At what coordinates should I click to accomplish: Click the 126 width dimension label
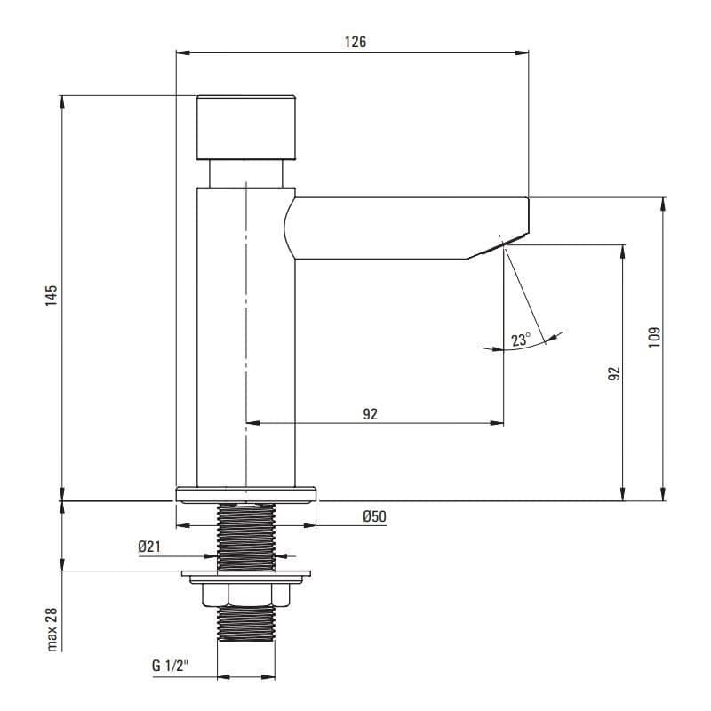(355, 42)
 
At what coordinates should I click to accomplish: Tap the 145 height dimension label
(52, 295)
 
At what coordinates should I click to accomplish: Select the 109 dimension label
(654, 337)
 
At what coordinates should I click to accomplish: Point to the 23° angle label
(520, 340)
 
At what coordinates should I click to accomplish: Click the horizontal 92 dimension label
(370, 414)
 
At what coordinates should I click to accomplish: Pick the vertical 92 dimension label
(613, 373)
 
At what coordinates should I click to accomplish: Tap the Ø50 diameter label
(374, 516)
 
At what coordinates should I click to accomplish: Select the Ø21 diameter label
(149, 547)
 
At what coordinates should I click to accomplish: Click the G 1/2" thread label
(170, 666)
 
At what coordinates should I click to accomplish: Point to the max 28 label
(52, 630)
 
